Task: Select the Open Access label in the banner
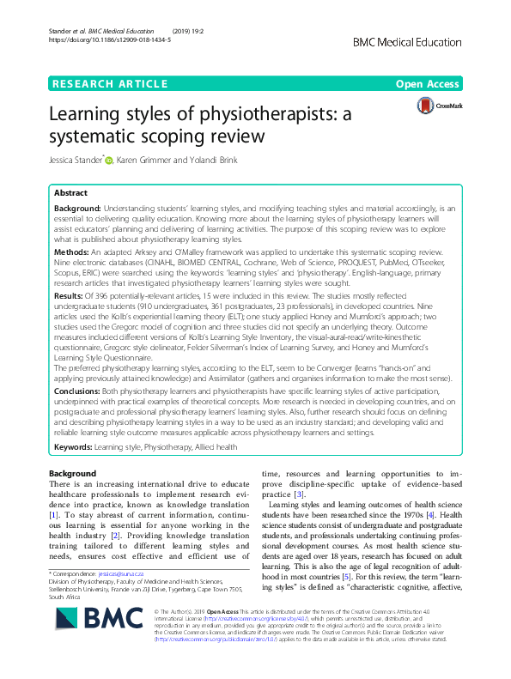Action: pos(428,84)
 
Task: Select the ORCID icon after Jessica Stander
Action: pos(109,158)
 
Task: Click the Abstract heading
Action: pos(70,194)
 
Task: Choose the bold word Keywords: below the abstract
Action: pos(74,448)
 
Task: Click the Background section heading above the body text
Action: pos(73,473)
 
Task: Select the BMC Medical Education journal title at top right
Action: pos(414,41)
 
